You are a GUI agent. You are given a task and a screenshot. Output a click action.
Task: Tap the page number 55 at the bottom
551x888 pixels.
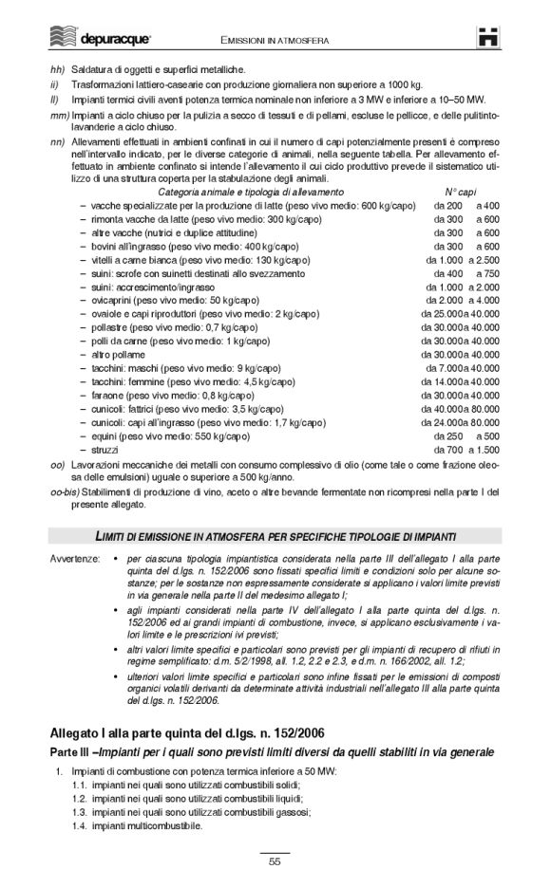(x=275, y=861)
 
